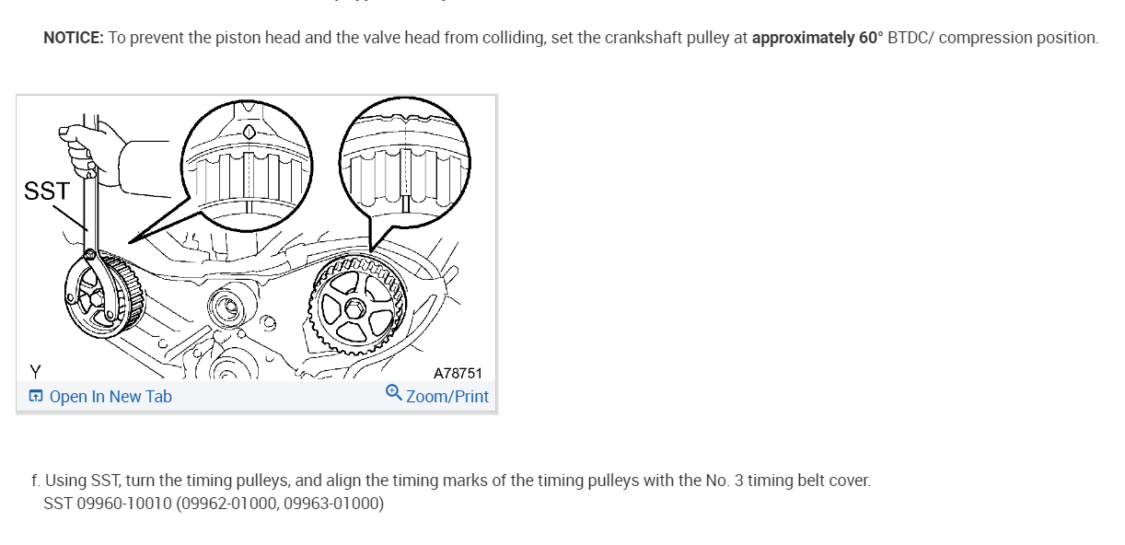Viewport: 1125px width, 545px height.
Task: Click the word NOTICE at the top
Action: [x=73, y=38]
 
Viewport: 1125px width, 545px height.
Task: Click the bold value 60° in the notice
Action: [x=871, y=38]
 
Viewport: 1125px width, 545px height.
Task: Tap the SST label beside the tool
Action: [x=46, y=191]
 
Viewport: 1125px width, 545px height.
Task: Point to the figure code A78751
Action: [x=458, y=374]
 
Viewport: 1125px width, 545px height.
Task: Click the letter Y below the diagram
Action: [x=35, y=372]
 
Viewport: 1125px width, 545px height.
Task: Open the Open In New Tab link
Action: [x=110, y=397]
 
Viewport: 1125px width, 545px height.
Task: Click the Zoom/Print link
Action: [x=447, y=397]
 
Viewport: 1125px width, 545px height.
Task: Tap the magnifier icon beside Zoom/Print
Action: [x=393, y=394]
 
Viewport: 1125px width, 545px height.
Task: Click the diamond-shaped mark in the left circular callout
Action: [x=248, y=132]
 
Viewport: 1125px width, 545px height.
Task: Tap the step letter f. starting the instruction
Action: [x=35, y=481]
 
